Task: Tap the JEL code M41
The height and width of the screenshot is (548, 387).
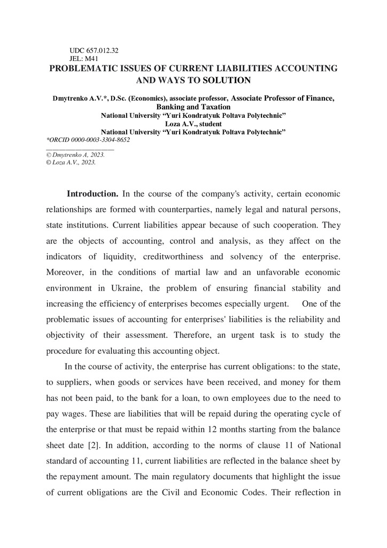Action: tap(88, 59)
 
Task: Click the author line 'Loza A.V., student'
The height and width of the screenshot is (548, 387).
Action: tap(193, 124)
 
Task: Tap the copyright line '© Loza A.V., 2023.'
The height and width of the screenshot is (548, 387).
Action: tap(72, 162)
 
